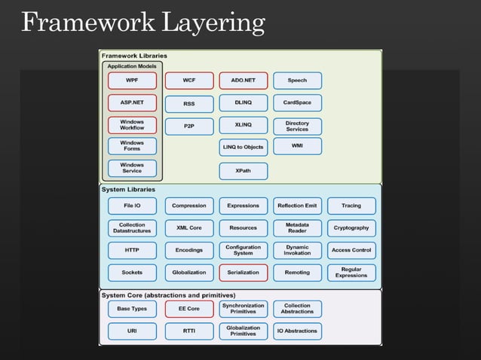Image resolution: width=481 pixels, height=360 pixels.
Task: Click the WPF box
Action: click(132, 81)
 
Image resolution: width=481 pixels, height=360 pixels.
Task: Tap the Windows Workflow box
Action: click(132, 124)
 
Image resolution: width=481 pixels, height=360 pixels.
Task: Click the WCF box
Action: click(188, 81)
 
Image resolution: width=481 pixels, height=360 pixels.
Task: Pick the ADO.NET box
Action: click(243, 81)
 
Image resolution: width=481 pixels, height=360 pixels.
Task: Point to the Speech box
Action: click(297, 81)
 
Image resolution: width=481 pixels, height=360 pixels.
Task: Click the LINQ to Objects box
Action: click(243, 146)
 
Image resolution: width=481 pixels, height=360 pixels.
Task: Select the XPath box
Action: click(243, 171)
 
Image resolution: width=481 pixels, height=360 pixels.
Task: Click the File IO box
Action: click(132, 206)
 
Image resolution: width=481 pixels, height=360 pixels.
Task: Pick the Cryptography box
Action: click(351, 227)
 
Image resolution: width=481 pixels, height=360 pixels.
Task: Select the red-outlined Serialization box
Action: click(243, 272)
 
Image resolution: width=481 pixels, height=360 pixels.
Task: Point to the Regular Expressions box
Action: click(351, 272)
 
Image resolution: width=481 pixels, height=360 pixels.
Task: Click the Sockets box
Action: click(132, 272)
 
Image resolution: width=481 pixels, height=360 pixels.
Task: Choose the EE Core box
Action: click(188, 308)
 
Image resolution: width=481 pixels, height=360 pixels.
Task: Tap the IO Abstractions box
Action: click(297, 330)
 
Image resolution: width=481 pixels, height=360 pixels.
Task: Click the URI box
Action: click(132, 330)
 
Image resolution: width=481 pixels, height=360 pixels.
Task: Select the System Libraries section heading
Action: click(129, 189)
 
